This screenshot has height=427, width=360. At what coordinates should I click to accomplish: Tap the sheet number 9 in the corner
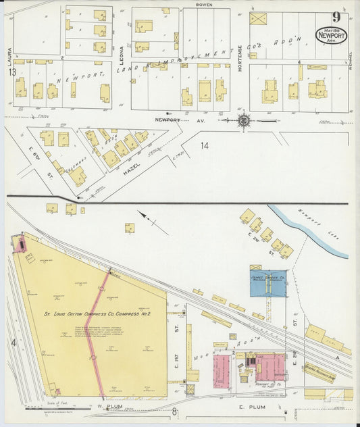(335, 16)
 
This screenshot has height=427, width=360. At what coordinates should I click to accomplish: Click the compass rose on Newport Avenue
(244, 122)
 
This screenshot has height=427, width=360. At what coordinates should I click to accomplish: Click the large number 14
(205, 145)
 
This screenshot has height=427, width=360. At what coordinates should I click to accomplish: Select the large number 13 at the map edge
(11, 72)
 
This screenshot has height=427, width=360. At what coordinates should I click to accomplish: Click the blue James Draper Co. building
(268, 283)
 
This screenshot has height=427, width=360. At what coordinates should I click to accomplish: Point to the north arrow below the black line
(145, 217)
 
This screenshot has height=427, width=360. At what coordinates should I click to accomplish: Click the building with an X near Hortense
(258, 18)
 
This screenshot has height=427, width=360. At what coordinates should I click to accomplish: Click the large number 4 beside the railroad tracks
(13, 343)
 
